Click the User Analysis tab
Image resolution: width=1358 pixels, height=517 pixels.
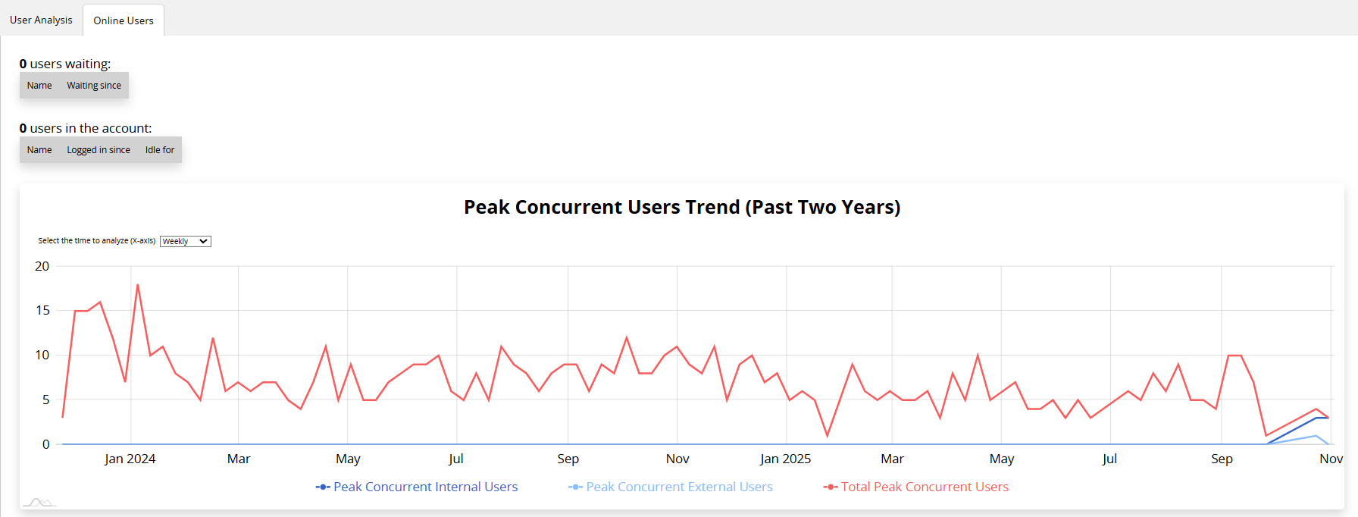click(x=41, y=20)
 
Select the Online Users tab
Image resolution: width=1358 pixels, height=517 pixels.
click(x=124, y=20)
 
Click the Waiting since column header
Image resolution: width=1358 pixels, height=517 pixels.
click(x=94, y=86)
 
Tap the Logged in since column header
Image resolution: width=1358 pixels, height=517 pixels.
click(x=99, y=150)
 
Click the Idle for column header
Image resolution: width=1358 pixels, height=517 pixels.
click(x=160, y=150)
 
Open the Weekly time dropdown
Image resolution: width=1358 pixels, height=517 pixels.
click(x=186, y=241)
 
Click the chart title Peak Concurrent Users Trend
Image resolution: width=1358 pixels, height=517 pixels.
click(x=682, y=207)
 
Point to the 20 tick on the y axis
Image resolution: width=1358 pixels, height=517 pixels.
click(x=42, y=266)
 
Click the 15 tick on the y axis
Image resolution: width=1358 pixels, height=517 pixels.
click(x=42, y=310)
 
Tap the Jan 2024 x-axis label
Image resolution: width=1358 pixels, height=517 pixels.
click(x=130, y=459)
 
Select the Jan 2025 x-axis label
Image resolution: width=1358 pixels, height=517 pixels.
click(x=786, y=459)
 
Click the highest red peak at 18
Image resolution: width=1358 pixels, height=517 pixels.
click(x=138, y=285)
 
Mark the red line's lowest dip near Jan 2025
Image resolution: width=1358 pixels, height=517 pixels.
click(x=828, y=435)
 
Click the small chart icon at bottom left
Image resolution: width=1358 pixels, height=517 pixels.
click(x=39, y=502)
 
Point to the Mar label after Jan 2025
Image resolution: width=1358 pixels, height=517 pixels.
click(x=892, y=459)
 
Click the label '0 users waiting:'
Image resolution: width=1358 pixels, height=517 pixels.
click(x=65, y=64)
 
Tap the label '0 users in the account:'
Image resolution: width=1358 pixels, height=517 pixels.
click(x=86, y=128)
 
